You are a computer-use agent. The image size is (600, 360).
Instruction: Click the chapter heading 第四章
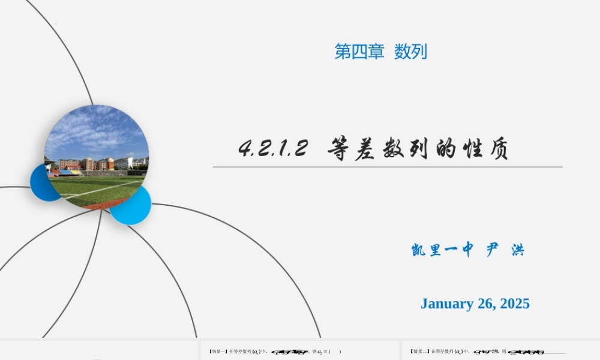359,52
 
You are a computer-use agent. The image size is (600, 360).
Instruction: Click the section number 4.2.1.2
273,148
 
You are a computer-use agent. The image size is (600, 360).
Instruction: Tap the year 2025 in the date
512,304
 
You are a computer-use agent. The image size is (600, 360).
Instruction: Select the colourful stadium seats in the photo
66,172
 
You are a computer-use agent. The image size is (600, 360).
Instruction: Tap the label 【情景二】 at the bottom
419,352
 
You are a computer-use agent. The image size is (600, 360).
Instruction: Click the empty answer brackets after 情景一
335,352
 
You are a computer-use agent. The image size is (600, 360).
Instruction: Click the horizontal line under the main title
388,167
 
